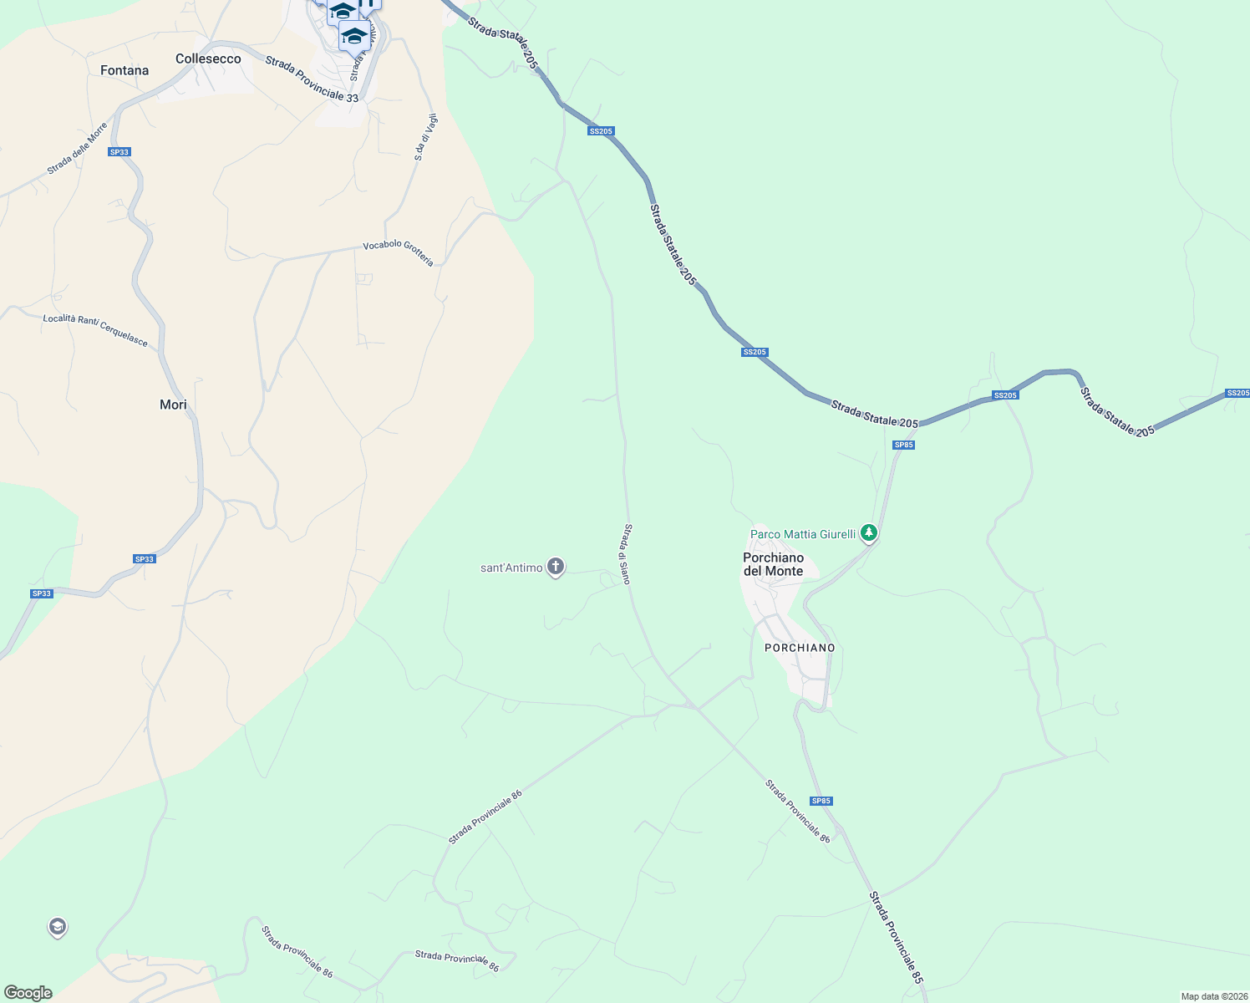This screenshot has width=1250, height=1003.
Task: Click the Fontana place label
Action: click(124, 71)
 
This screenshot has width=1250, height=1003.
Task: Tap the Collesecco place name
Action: click(208, 59)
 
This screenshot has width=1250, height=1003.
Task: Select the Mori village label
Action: click(173, 405)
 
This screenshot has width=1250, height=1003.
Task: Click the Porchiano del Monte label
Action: click(774, 564)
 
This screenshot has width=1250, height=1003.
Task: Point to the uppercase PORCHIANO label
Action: click(800, 648)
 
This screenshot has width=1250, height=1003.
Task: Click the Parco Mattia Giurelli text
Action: click(803, 534)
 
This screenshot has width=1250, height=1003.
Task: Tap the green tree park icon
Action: click(869, 532)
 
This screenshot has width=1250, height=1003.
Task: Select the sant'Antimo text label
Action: click(511, 568)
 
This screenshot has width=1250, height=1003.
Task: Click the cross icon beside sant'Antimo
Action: click(556, 567)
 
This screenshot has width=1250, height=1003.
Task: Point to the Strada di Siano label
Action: click(625, 554)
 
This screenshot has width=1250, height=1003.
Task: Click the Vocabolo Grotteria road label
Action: click(399, 252)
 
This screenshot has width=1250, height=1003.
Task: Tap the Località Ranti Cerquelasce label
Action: click(95, 330)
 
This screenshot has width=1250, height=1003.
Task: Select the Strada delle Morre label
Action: click(78, 149)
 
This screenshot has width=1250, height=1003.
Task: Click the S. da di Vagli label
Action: click(425, 137)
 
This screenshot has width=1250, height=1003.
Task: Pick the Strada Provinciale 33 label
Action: click(312, 79)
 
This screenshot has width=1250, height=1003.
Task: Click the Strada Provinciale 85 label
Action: click(897, 937)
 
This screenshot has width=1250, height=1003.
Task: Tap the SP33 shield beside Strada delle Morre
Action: click(119, 152)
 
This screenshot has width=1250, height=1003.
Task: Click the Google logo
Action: click(28, 993)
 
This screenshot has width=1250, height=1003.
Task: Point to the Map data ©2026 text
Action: click(1213, 996)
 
